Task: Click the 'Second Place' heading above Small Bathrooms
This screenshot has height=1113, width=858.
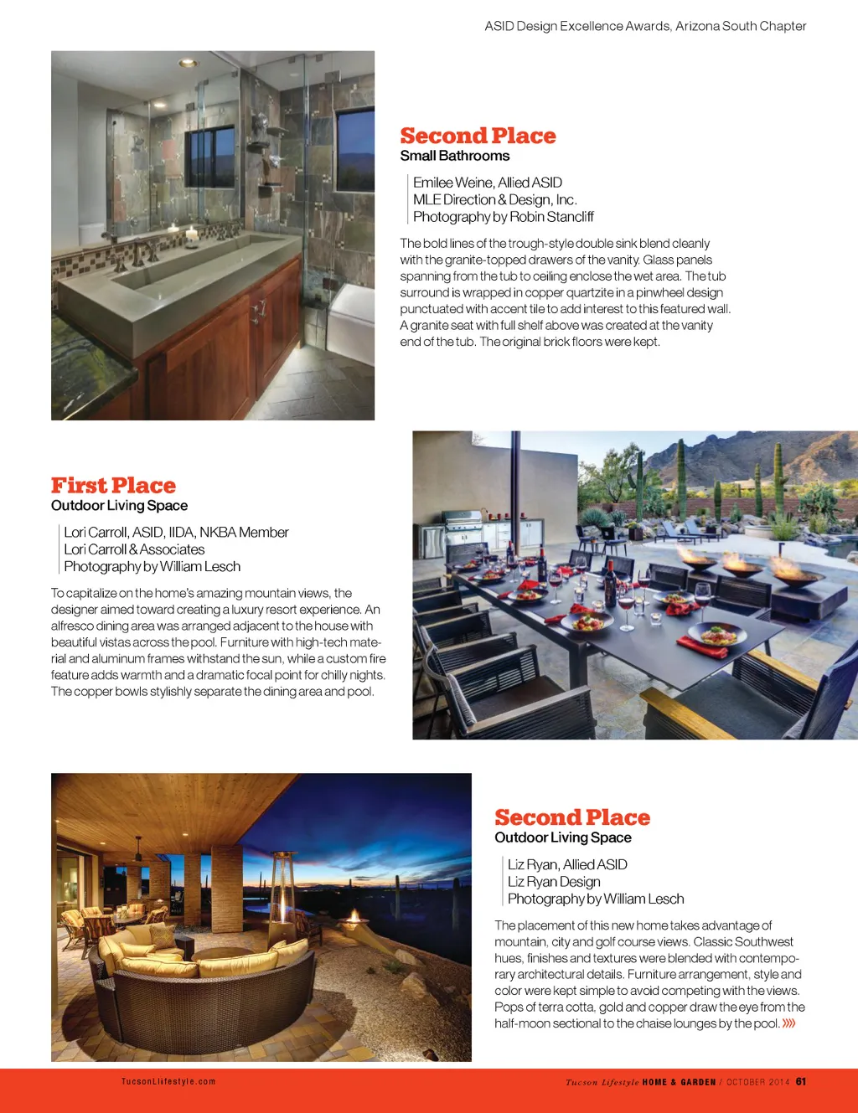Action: pos(478,136)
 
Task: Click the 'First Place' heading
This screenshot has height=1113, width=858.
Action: pos(113,486)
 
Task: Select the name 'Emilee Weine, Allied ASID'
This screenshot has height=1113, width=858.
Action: pos(487,183)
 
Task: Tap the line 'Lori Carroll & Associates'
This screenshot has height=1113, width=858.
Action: pos(134,549)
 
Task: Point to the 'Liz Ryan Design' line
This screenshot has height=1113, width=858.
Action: pos(554,882)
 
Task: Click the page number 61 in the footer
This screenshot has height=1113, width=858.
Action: pos(801,1081)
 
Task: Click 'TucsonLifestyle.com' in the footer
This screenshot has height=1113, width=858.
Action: pos(168,1081)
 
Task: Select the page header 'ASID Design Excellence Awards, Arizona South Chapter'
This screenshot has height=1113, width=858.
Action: pos(645,26)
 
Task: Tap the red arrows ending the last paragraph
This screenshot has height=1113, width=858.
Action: pos(788,1023)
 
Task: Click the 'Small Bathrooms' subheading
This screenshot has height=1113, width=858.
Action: pos(454,156)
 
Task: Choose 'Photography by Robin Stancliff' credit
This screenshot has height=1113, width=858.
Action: pos(503,217)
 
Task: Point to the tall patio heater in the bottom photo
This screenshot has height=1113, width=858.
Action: pos(282,896)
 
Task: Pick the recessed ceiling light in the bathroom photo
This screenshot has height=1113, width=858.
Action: pos(188,62)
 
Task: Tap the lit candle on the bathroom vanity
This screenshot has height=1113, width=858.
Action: pos(191,234)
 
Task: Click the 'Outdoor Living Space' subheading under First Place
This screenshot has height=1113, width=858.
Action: pos(119,506)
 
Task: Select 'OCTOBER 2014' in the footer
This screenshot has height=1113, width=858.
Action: pos(757,1082)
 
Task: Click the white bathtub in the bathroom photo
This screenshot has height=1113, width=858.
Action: pos(352,318)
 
